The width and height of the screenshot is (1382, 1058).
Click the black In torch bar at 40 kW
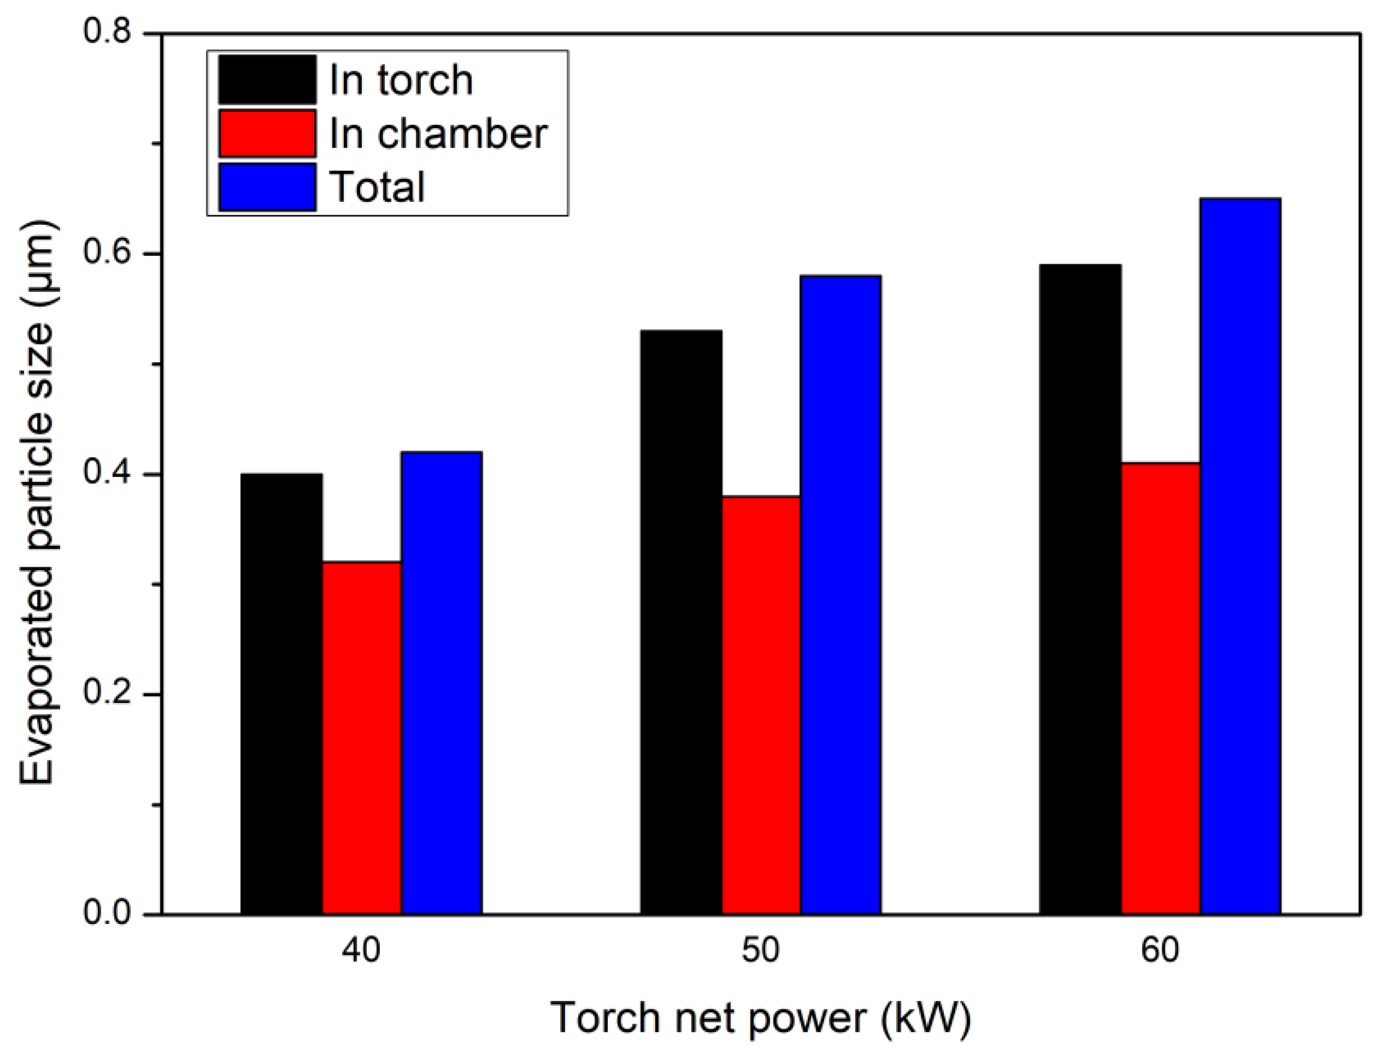point(282,693)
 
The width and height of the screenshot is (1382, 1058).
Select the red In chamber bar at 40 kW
point(362,737)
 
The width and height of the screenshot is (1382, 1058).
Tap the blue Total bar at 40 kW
point(442,683)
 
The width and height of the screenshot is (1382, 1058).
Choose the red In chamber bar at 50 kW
point(760,705)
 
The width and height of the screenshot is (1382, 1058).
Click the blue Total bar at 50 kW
point(840,595)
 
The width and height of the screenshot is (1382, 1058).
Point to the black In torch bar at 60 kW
point(1080,589)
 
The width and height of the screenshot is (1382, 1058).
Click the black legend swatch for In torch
point(267,79)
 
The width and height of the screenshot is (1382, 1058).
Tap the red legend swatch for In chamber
point(267,133)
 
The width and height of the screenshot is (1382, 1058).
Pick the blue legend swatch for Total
point(267,187)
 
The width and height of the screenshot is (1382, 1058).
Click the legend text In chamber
point(438,133)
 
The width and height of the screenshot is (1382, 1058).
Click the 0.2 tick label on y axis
point(107,694)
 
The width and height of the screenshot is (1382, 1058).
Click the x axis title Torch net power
point(760,1018)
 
